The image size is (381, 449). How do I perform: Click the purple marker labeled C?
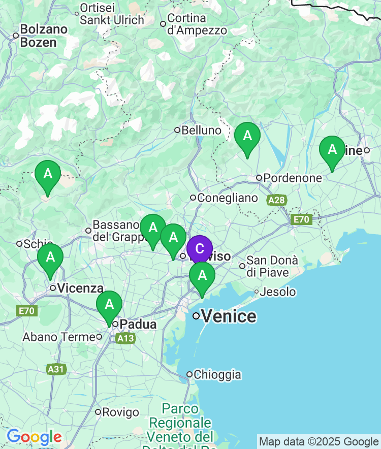pos(200,249)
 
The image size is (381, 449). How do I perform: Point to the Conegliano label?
pos(227,198)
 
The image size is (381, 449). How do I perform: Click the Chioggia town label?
pos(217,375)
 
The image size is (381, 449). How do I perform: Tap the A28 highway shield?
pos(277,201)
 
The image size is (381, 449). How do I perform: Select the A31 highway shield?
pos(56,369)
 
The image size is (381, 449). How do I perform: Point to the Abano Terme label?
pos(59,337)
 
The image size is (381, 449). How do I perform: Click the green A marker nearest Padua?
pos(109,304)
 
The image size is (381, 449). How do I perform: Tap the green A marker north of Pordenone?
pos(247,136)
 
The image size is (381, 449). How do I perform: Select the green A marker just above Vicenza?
pos(50,258)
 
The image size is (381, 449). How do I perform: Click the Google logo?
pos(34,437)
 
